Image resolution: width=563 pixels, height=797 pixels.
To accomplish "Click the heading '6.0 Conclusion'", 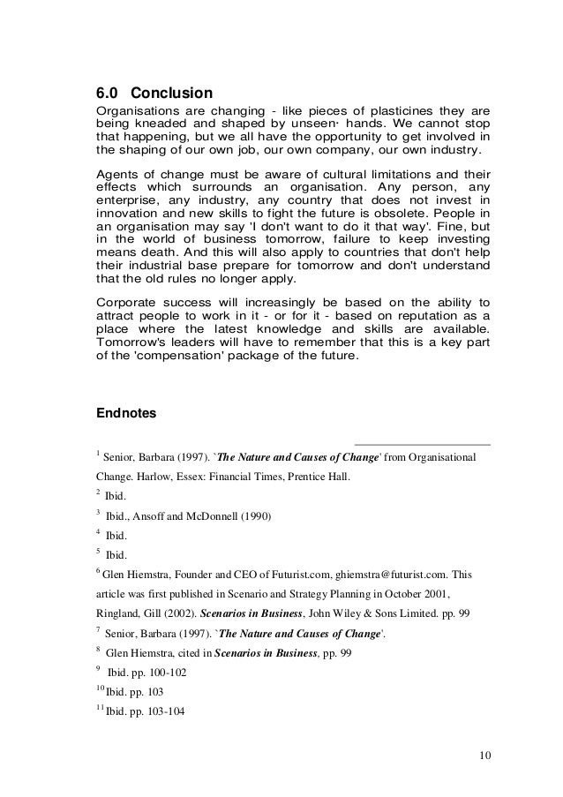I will coord(154,92).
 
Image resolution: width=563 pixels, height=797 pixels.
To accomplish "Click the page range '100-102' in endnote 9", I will coord(165,670).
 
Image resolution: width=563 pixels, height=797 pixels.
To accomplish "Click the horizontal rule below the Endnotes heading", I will coord(422,444).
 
